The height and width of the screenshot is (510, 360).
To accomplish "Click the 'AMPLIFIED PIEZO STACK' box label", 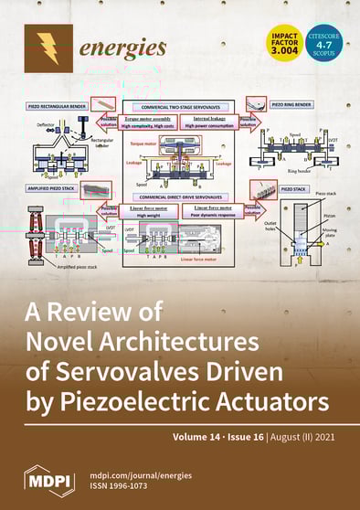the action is [54, 187].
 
